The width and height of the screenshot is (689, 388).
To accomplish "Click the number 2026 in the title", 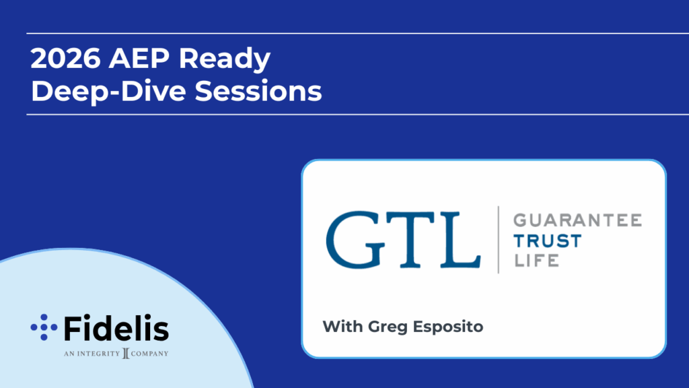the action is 66,58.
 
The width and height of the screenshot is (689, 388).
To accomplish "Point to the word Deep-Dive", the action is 110,92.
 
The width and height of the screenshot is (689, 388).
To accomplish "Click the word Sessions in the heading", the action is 258,91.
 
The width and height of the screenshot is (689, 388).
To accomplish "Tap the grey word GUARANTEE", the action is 577,220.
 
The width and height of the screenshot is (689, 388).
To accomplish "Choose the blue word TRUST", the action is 548,241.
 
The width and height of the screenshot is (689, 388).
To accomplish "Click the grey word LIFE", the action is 536,261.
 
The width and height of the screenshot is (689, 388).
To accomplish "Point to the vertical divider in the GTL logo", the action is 499,240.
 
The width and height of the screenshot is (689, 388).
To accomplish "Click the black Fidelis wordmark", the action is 116,328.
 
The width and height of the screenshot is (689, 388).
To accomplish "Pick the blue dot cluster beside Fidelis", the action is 44,327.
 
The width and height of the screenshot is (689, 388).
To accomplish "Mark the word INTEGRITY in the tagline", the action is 98,354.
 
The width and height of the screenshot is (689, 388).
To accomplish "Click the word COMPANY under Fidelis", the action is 149,354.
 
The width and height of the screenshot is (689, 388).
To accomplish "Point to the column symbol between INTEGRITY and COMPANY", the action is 126,353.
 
